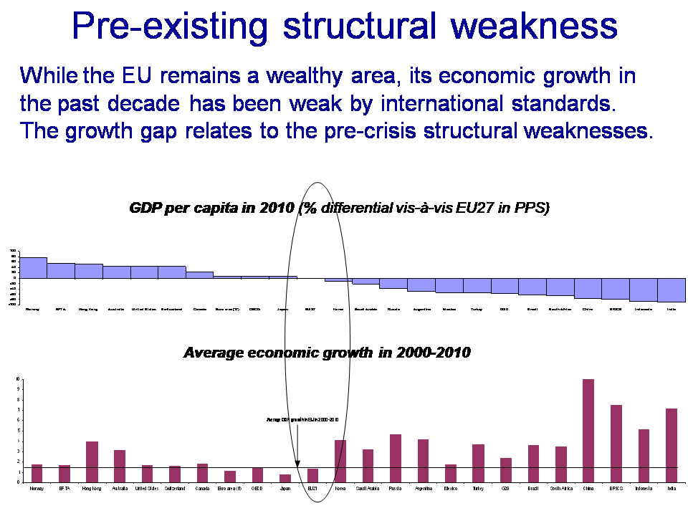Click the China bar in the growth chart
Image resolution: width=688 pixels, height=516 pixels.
point(588,431)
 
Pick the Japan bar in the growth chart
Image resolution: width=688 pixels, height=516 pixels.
point(285,478)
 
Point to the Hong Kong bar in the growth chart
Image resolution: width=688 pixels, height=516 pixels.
point(92,462)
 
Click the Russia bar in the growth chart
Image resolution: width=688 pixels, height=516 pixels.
point(396,458)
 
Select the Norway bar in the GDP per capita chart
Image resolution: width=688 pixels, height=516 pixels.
point(33,267)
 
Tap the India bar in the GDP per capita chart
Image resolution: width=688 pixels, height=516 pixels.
point(672,290)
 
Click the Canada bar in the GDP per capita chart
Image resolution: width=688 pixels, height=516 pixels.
point(199,274)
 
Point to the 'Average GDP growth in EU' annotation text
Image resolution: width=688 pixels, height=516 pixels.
point(302,419)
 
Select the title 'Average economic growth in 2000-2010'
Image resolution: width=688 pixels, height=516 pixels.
point(327,353)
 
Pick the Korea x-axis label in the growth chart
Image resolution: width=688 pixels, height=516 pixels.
point(340,489)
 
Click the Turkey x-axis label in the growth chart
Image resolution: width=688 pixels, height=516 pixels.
point(478,489)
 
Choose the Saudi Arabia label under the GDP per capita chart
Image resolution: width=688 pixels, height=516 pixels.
point(366,310)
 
